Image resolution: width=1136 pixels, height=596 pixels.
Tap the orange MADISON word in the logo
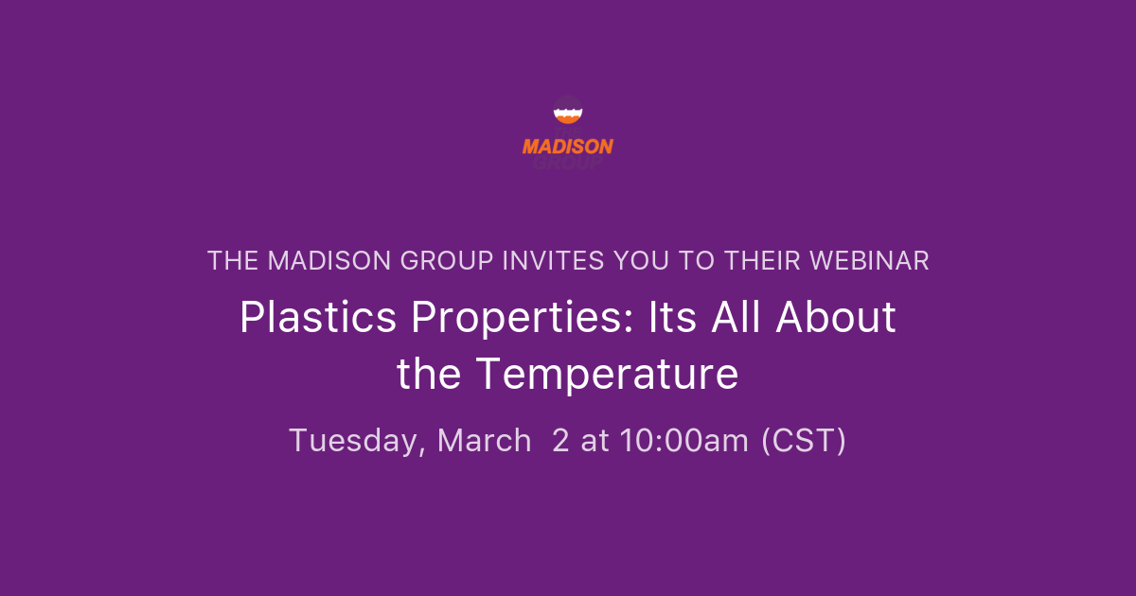pyautogui.click(x=568, y=147)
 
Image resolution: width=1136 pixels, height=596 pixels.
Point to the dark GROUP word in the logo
pyautogui.click(x=568, y=163)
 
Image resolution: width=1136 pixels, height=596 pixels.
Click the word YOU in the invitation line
pyautogui.click(x=646, y=261)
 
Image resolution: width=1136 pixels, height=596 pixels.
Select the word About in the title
pyautogui.click(x=836, y=318)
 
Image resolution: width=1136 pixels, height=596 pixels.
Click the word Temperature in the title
pyautogui.click(x=607, y=375)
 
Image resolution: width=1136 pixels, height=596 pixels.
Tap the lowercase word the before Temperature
pyautogui.click(x=430, y=375)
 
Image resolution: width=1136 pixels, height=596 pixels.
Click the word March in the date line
pyautogui.click(x=484, y=441)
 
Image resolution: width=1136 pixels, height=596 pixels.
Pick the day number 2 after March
pyautogui.click(x=560, y=441)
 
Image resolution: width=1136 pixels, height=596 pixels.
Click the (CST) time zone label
pyautogui.click(x=804, y=441)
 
